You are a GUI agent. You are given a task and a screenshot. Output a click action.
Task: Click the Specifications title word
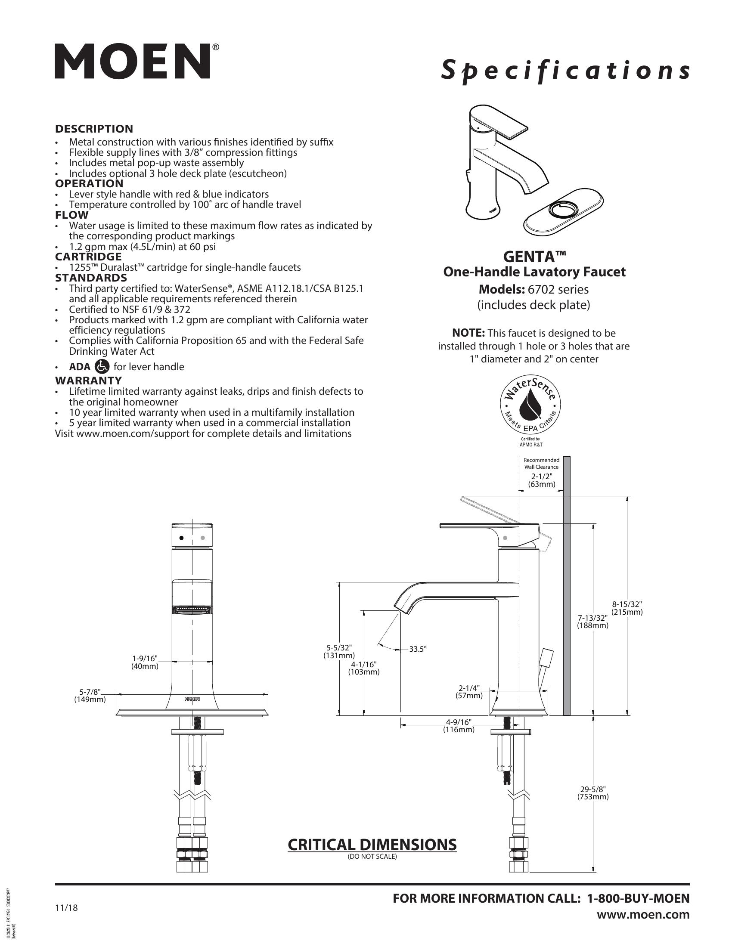tap(565, 70)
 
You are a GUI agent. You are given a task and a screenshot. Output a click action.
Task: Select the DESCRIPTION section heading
tap(94, 129)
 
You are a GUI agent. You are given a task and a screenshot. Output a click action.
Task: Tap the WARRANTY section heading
tap(88, 380)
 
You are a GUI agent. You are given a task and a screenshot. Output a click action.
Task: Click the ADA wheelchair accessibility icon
tap(102, 366)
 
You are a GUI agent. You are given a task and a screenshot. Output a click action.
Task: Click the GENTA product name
tap(534, 257)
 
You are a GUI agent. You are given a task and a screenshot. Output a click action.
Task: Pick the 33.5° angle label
tap(418, 649)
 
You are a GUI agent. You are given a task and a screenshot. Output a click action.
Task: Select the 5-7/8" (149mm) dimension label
tap(90, 696)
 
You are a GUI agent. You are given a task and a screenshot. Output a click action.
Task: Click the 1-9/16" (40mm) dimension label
tap(145, 662)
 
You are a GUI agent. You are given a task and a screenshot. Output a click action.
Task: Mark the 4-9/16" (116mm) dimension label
tap(459, 725)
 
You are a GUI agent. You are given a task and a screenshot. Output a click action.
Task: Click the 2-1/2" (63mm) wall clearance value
tap(542, 480)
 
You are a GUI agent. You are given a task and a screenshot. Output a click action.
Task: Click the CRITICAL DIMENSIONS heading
tap(372, 845)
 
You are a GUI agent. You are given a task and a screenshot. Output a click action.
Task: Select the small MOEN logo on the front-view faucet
tap(192, 699)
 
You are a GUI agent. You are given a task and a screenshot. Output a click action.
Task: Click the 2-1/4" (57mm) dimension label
tap(469, 692)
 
